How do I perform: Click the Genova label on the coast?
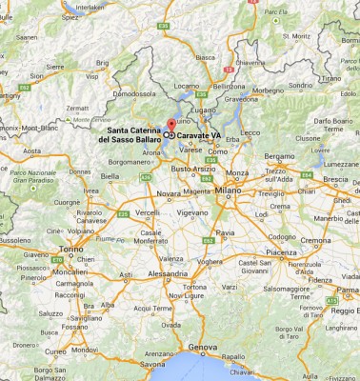click(195, 346)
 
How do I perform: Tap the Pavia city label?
click(226, 231)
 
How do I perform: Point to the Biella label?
click(110, 176)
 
